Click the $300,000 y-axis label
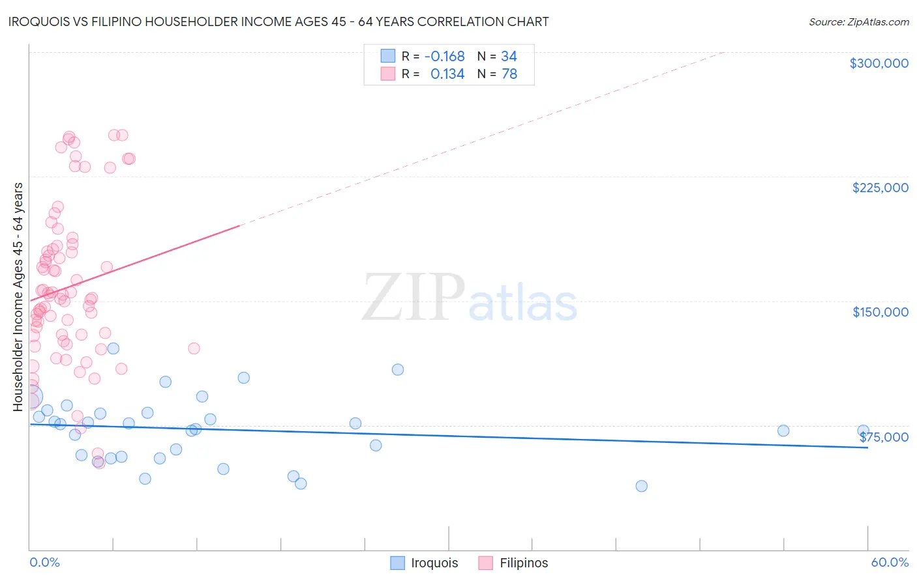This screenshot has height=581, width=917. coord(879,63)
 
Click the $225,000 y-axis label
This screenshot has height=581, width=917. coord(880,188)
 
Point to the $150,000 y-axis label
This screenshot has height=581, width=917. coord(880,312)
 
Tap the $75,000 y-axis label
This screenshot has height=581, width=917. coord(884,437)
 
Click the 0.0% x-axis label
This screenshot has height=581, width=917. coord(44,562)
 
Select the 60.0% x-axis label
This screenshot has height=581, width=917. coord(889,562)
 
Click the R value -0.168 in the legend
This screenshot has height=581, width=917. coord(444,57)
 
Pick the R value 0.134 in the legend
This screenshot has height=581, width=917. coord(447,74)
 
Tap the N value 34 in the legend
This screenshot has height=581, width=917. coord(509,57)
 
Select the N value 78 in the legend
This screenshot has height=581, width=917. coord(509,74)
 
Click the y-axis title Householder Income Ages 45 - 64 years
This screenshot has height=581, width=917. coord(18,297)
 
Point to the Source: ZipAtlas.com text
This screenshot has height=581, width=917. coord(858,22)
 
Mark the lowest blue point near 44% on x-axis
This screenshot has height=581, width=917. coord(641,486)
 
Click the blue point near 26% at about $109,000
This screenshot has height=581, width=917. coord(398,369)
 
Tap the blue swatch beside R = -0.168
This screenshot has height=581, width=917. coord(388,56)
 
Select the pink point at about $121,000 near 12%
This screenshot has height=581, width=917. coord(194,348)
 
